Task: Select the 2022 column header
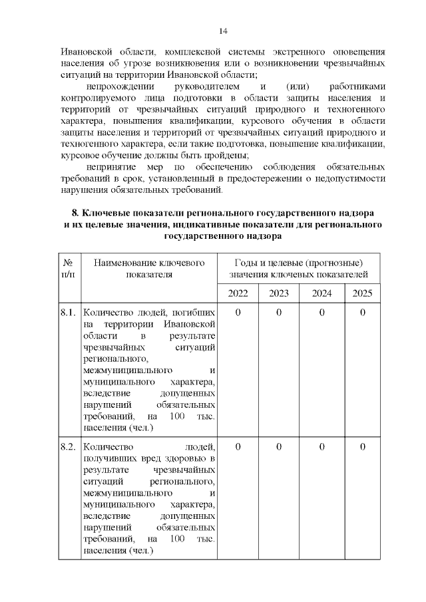coord(238,293)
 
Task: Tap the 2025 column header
coord(362,293)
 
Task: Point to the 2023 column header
coord(279,293)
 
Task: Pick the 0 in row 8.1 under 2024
coord(321,312)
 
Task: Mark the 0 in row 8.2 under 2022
coord(238,446)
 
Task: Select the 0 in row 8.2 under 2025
coord(362,446)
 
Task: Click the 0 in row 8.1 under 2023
coord(279,312)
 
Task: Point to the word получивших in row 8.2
coord(109,459)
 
